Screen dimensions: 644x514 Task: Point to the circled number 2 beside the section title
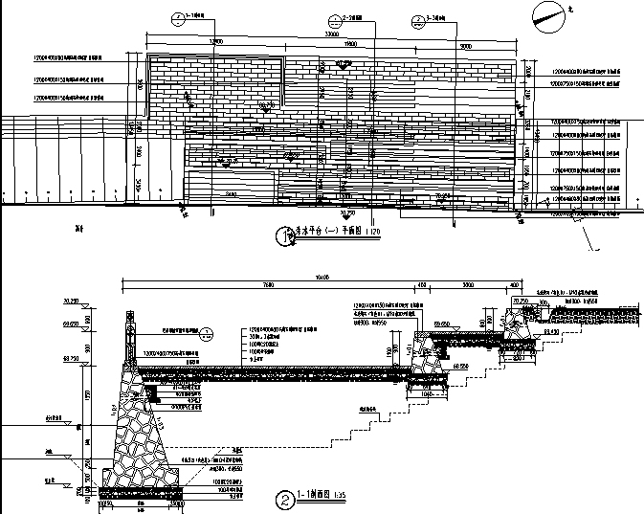coord(283,499)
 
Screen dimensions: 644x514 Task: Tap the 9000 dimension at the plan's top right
coord(465,45)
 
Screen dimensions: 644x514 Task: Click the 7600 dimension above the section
coord(268,285)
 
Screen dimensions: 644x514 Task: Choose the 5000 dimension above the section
coord(468,285)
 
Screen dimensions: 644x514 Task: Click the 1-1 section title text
coord(314,496)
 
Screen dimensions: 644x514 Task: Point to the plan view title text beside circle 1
coord(325,233)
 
